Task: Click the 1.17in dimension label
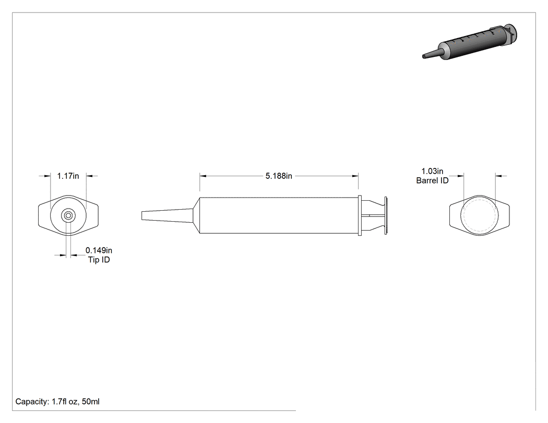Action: pyautogui.click(x=68, y=176)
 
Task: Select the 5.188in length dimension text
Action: pyautogui.click(x=279, y=176)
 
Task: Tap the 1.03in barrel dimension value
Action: pyautogui.click(x=432, y=171)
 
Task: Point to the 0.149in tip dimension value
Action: pyautogui.click(x=99, y=250)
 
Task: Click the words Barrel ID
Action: pyautogui.click(x=432, y=180)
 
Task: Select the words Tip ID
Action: pyautogui.click(x=99, y=260)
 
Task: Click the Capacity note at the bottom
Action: pyautogui.click(x=57, y=402)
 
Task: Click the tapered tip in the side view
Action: pyautogui.click(x=168, y=215)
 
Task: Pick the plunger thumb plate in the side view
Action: pyautogui.click(x=386, y=215)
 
